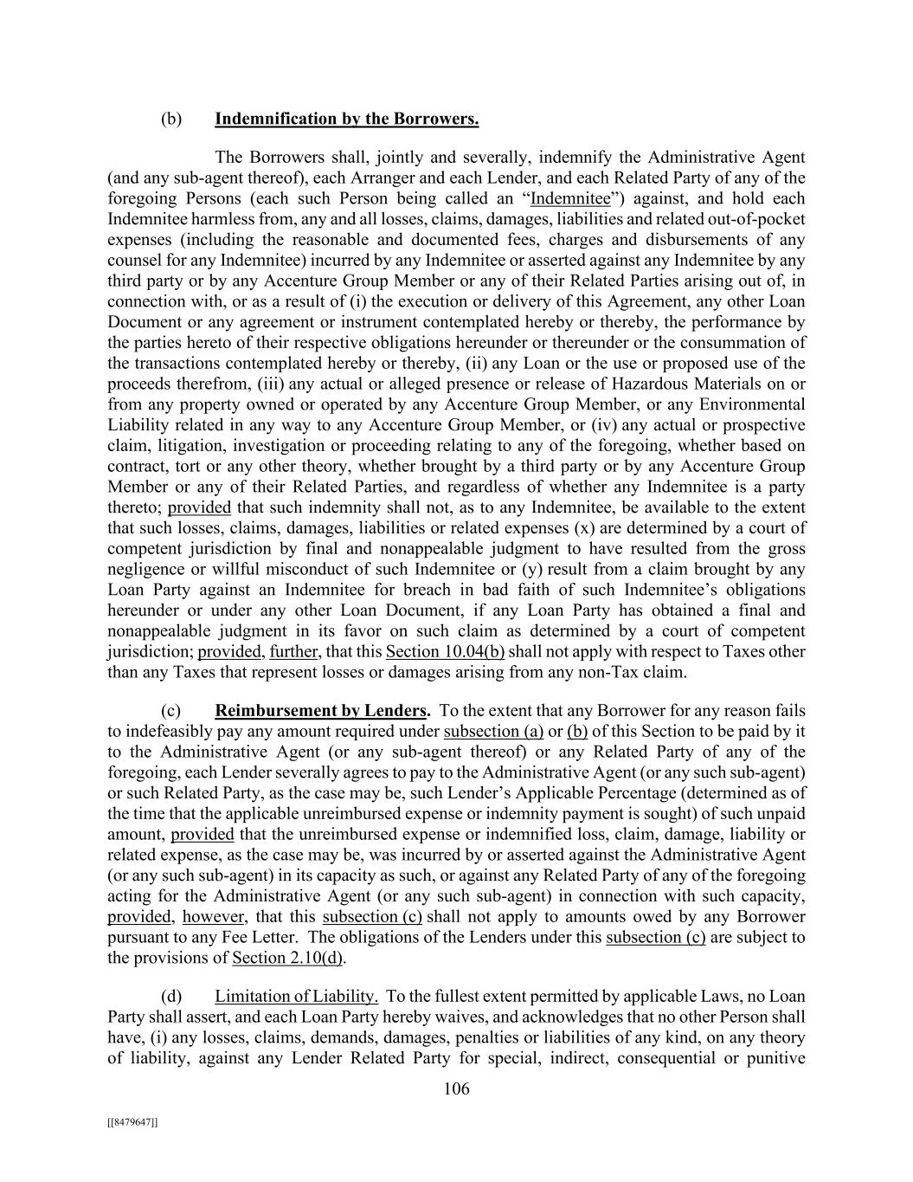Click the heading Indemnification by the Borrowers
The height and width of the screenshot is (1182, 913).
pyautogui.click(x=346, y=119)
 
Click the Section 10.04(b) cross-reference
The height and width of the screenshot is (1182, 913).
pyautogui.click(x=445, y=651)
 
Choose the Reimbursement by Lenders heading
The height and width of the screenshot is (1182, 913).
pyautogui.click(x=321, y=711)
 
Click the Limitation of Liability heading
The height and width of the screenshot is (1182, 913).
pyautogui.click(x=296, y=997)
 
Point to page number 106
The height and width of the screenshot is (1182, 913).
pyautogui.click(x=456, y=1088)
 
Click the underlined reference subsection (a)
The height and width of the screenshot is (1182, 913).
pyautogui.click(x=493, y=732)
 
